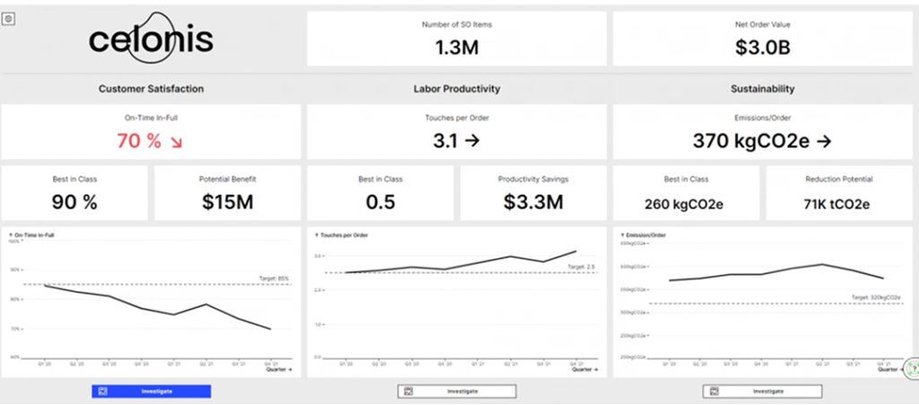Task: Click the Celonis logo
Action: tap(151, 40)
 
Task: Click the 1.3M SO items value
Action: tap(457, 48)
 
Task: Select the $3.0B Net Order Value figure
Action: tap(763, 48)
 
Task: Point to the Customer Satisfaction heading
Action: tap(151, 89)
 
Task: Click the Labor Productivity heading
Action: tap(457, 89)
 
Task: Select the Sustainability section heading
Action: tap(763, 89)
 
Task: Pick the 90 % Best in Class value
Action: tap(74, 202)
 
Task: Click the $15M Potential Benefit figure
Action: tap(227, 202)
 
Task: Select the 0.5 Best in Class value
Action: tap(381, 202)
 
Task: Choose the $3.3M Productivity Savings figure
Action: tap(533, 202)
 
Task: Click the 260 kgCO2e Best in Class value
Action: tap(684, 203)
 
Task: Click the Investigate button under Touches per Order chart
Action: tap(457, 392)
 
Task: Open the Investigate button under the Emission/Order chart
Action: tap(763, 392)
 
